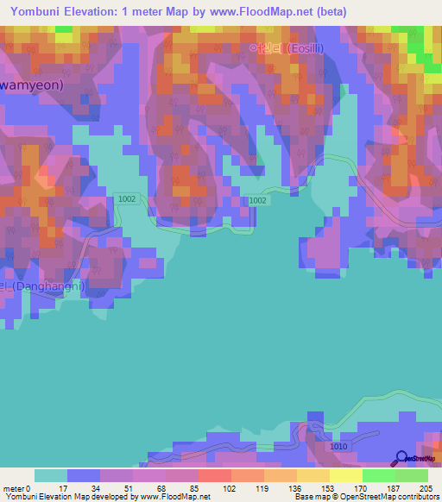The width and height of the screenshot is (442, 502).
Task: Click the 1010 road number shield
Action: (338, 447)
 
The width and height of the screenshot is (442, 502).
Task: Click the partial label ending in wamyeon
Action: (33, 86)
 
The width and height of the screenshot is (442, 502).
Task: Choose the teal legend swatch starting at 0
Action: (50, 475)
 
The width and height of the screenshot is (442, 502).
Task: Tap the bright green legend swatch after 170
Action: (379, 475)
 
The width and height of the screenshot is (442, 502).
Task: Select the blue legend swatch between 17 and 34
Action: (83, 475)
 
